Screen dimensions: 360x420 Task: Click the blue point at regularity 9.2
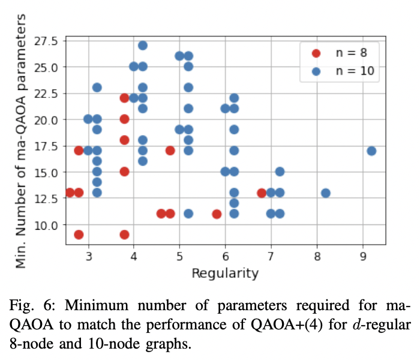(371, 151)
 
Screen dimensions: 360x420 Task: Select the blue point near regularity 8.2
(326, 193)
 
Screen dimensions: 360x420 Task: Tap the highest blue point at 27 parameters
(143, 46)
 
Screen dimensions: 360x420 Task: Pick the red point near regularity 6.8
(262, 193)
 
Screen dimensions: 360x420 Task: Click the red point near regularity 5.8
(217, 214)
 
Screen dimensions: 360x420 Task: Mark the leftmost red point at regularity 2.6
(70, 193)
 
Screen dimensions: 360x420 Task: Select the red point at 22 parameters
(124, 98)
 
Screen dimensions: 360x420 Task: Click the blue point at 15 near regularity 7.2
(280, 172)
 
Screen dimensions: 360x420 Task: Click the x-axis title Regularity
(225, 274)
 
